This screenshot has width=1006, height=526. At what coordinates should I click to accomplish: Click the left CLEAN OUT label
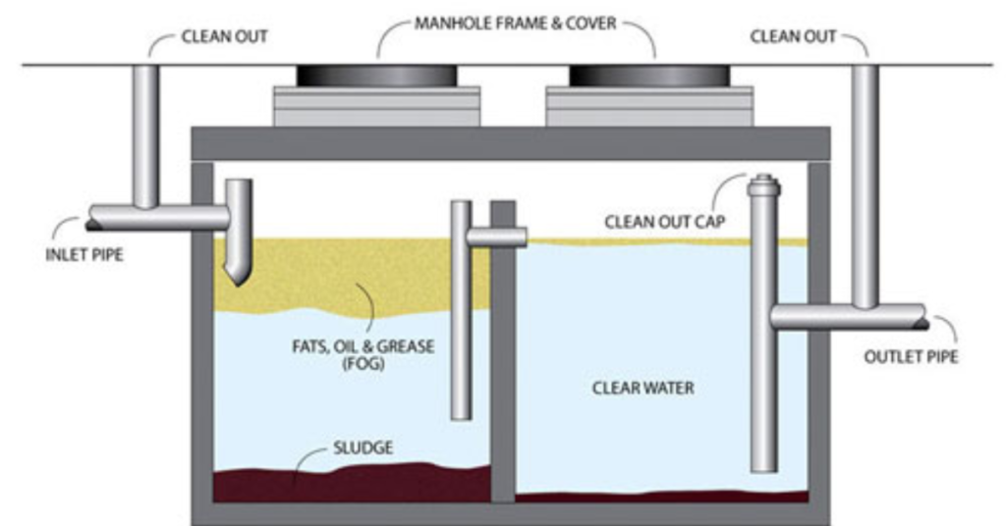224,37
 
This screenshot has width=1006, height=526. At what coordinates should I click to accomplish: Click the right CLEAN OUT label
793,37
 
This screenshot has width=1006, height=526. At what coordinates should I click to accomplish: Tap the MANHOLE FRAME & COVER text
517,23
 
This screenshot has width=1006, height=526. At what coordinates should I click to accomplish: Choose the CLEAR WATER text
643,388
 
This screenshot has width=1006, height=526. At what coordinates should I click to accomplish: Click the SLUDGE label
362,447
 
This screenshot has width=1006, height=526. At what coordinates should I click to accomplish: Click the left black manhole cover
376,76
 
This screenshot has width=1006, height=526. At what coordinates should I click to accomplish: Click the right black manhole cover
649,76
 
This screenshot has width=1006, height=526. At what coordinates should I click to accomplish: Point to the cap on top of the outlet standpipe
763,184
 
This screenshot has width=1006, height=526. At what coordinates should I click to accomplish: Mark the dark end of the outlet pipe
921,316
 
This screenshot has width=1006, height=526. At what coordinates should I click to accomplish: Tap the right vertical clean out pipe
865,177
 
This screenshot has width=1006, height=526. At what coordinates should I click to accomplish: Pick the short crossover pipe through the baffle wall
496,237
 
